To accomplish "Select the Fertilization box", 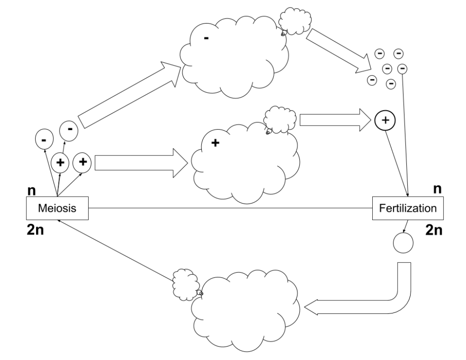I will (x=407, y=208).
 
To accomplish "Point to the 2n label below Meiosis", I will (x=35, y=230).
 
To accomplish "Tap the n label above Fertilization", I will (x=436, y=189).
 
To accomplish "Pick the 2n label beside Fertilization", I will (x=434, y=230).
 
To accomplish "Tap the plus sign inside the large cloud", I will (x=214, y=144).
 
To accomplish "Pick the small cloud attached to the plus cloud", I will (x=280, y=120).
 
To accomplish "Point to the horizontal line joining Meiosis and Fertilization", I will (x=231, y=208).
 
